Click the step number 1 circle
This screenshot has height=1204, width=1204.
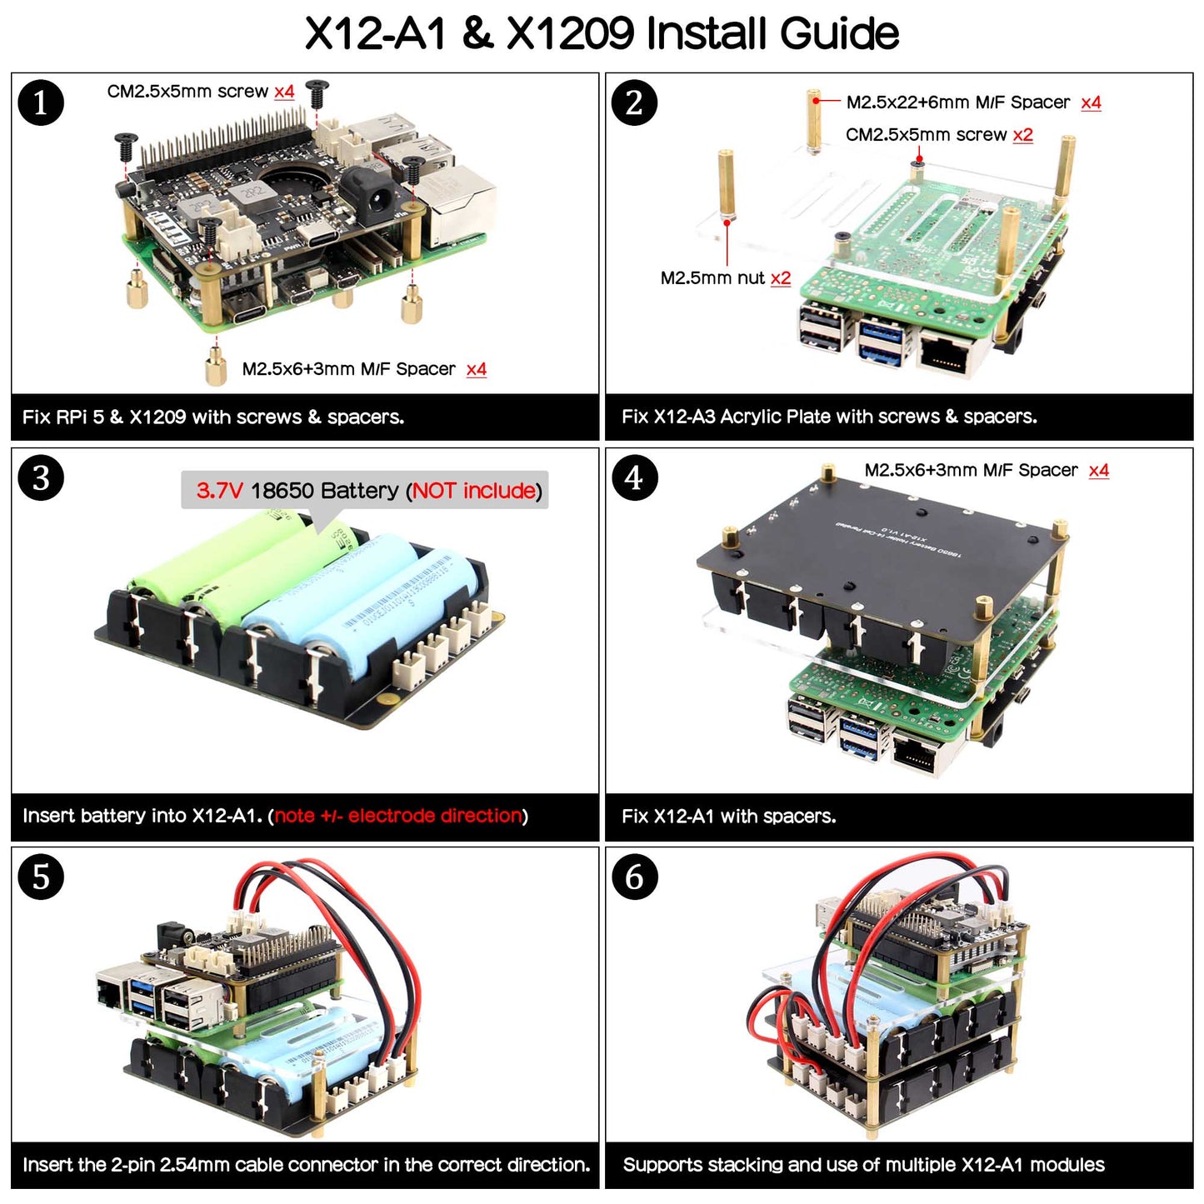[x=41, y=103]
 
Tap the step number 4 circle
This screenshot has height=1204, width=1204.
[x=634, y=478]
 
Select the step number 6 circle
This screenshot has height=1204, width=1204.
[x=634, y=877]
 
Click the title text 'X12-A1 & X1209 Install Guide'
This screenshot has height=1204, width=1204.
[x=602, y=34]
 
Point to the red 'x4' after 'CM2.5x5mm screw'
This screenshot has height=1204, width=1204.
[x=284, y=92]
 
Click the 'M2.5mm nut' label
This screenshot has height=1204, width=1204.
[x=712, y=278]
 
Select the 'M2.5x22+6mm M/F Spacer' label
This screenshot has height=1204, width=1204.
[x=957, y=102]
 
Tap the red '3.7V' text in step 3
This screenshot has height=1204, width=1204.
[x=219, y=491]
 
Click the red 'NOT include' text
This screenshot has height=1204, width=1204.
[x=474, y=491]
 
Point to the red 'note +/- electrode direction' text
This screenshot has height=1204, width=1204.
[x=398, y=816]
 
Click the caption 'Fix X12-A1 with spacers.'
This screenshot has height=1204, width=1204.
[x=728, y=817]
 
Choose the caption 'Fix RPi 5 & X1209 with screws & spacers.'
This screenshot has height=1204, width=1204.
[x=213, y=417]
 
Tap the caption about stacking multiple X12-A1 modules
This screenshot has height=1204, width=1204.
[x=863, y=1165]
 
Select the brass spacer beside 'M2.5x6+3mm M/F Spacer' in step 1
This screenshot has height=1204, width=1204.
[x=217, y=367]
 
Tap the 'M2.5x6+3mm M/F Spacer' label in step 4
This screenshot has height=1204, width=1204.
[x=971, y=471]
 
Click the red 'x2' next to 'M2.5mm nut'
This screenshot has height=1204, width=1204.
[x=781, y=278]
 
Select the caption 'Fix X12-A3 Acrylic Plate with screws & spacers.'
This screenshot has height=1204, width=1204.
[x=829, y=417]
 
